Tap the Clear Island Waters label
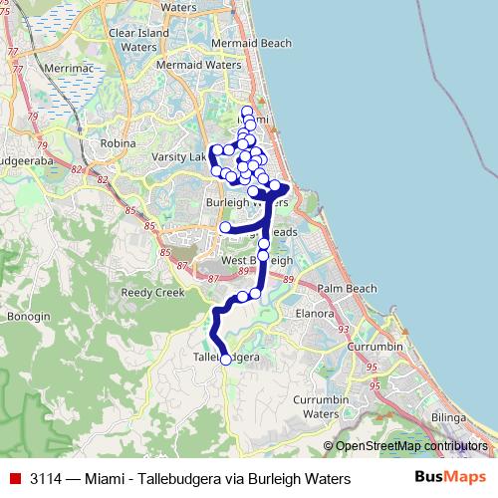[133, 39]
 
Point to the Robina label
[118, 143]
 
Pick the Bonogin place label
[27, 316]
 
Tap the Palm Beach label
[347, 289]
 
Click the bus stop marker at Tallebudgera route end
[225, 360]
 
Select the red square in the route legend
[14, 478]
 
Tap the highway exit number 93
[343, 330]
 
